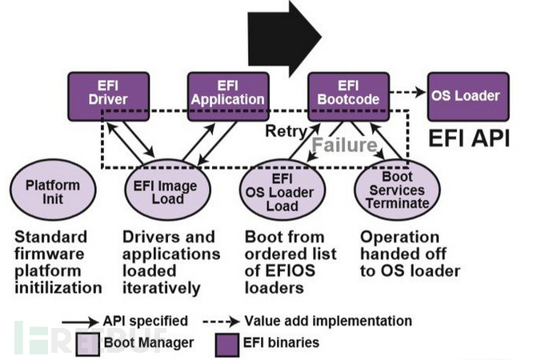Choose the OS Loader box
pyautogui.click(x=466, y=97)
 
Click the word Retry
pyautogui.click(x=283, y=130)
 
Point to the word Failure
pyautogui.click(x=344, y=146)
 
